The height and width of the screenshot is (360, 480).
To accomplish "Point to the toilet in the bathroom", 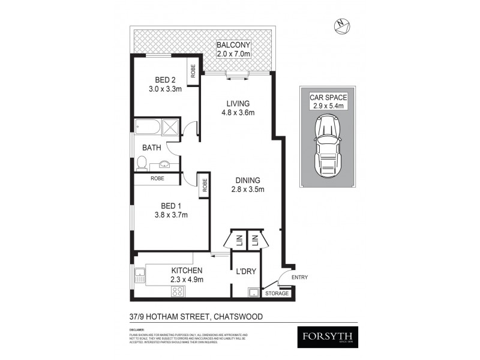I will coord(142,163).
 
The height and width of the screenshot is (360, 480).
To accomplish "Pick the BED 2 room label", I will coord(165,80).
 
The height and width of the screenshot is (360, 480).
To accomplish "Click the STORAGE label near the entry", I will coord(277,293).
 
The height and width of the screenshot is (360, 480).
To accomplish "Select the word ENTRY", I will coord(299,277).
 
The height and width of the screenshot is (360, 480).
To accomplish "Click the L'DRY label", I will coord(246,271).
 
